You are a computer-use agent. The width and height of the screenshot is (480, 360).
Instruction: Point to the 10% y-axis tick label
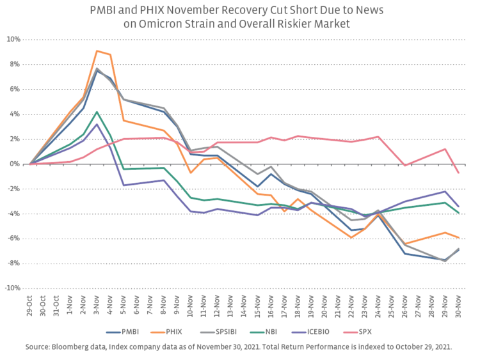click(14, 40)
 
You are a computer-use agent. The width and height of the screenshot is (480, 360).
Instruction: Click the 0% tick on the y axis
click(16, 164)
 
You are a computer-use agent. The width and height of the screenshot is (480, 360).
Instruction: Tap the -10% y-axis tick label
click(13, 288)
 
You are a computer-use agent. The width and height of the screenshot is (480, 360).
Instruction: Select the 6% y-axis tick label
click(16, 90)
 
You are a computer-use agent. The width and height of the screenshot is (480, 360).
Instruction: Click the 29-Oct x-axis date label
click(30, 305)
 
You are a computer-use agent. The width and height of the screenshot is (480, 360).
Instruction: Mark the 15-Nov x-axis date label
click(257, 305)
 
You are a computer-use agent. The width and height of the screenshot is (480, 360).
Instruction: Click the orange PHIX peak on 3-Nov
click(97, 51)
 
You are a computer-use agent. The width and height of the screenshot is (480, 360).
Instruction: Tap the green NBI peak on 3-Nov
click(97, 112)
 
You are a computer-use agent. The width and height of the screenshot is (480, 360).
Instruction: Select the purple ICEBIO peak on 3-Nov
click(97, 124)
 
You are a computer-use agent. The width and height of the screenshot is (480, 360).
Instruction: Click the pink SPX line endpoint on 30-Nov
click(457, 173)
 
